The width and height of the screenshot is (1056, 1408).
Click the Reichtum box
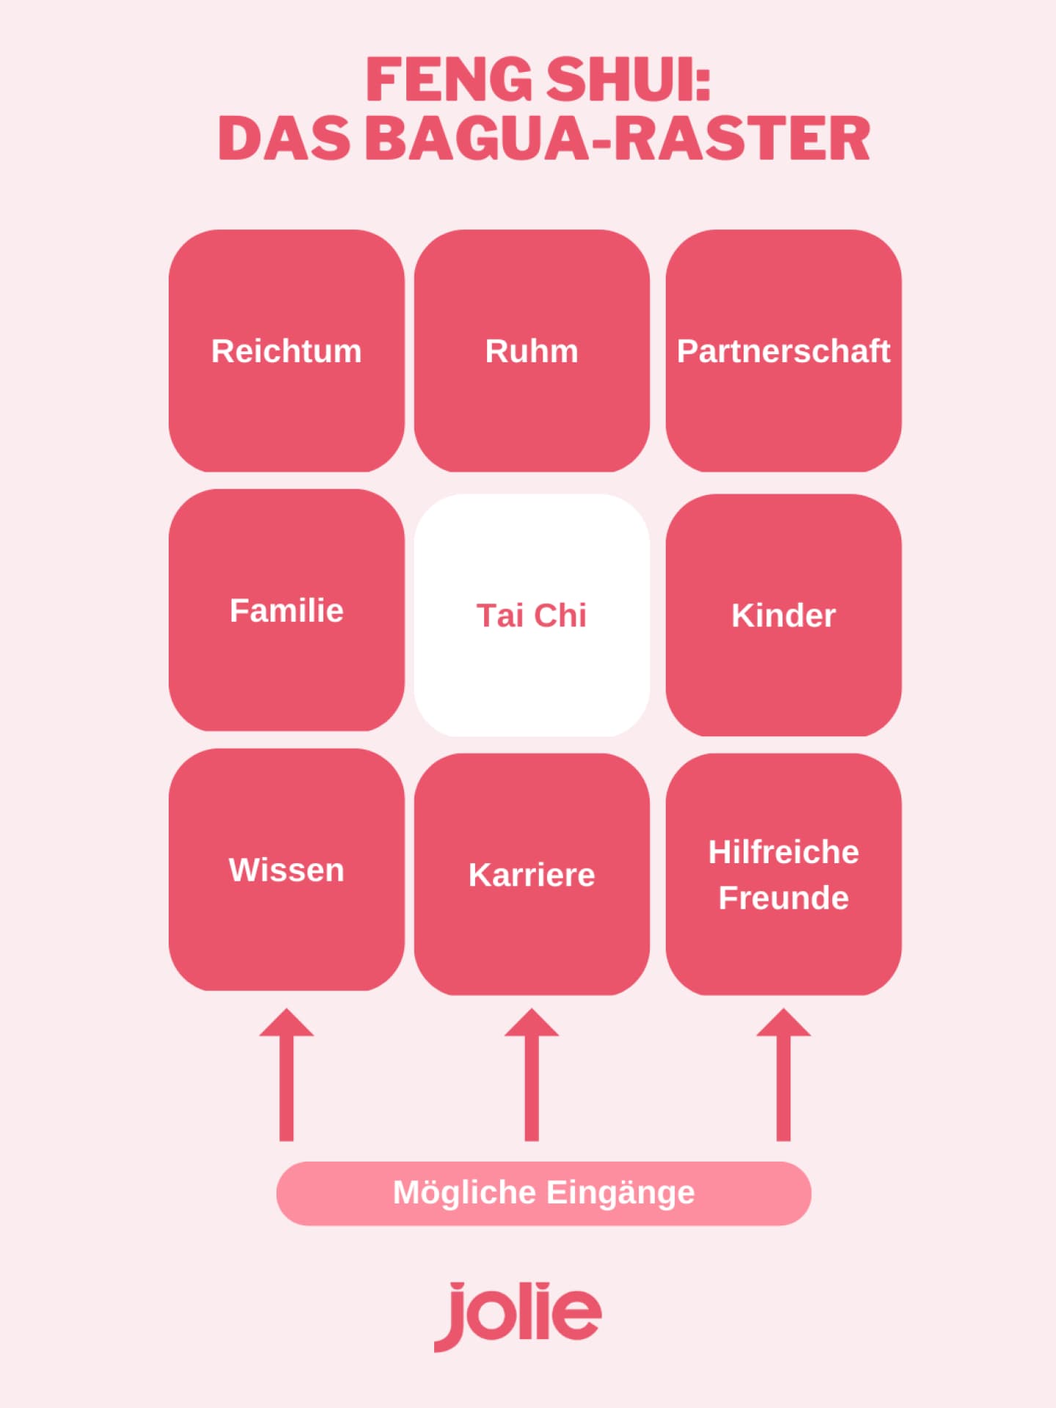click(286, 351)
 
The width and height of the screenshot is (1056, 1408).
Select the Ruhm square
click(532, 351)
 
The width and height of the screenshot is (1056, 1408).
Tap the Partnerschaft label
click(783, 351)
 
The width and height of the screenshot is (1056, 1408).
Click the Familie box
click(286, 610)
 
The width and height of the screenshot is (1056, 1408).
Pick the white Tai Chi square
click(532, 615)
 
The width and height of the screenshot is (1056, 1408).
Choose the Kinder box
click(783, 615)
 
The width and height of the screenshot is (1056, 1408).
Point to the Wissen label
click(286, 870)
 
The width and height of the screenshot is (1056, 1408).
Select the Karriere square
click(532, 874)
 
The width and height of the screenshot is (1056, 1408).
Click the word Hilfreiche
click(783, 852)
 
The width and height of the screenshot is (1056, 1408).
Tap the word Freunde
click(783, 898)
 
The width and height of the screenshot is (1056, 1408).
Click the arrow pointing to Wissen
click(286, 1074)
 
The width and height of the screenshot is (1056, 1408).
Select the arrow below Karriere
click(532, 1074)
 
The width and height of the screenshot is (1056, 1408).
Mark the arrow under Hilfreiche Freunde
click(783, 1074)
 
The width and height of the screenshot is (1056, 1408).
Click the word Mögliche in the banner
click(464, 1192)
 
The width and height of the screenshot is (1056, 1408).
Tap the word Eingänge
click(620, 1192)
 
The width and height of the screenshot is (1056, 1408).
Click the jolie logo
click(518, 1316)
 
